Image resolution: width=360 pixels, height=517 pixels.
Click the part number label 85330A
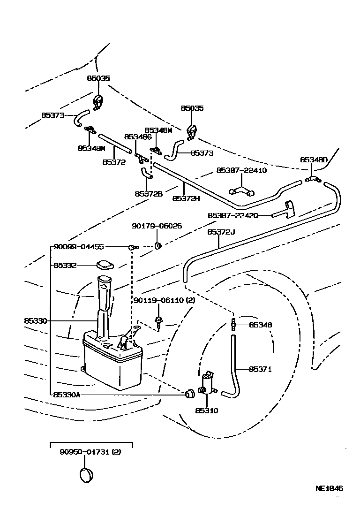click(67, 395)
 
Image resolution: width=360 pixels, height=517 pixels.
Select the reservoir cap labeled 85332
click(105, 265)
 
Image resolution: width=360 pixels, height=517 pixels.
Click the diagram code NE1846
click(329, 488)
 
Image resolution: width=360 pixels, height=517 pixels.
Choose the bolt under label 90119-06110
click(160, 322)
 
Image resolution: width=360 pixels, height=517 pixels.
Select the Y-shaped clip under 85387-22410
click(241, 191)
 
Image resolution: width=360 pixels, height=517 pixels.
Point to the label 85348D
click(314, 160)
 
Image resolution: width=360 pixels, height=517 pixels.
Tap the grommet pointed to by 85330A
click(190, 393)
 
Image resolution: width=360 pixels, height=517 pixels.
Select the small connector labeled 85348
click(233, 325)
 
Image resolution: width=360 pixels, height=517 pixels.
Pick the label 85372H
click(186, 198)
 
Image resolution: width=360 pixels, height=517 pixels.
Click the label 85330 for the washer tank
click(36, 321)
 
